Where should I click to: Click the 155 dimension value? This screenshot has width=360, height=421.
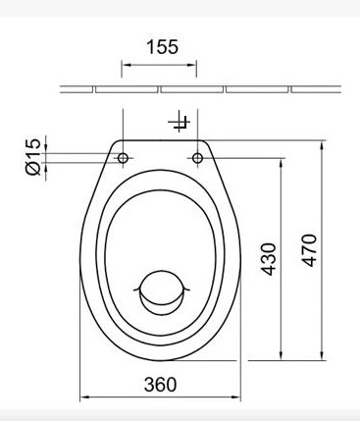(x=158, y=46)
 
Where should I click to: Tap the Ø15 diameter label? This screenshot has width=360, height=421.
(x=31, y=157)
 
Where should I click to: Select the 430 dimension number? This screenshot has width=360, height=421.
(x=272, y=257)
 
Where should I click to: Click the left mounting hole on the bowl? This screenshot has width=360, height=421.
(x=123, y=157)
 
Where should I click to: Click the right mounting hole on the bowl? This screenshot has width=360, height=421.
(x=197, y=157)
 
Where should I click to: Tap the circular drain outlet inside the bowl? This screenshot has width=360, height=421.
(x=159, y=290)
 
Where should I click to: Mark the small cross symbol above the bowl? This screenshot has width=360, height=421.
(x=179, y=123)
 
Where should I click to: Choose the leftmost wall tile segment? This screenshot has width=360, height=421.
(x=77, y=89)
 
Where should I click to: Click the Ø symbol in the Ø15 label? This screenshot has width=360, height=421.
(x=31, y=171)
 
